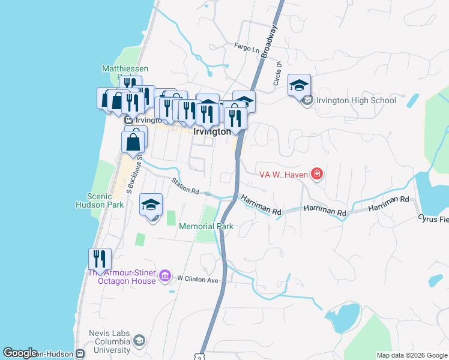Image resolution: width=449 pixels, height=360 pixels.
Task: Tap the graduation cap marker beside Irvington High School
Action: [299, 86]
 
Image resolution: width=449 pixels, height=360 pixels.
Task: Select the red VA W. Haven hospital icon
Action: [317, 175]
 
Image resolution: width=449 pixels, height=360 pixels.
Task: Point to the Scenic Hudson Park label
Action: [106, 200]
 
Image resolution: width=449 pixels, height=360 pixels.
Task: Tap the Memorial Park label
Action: [206, 227]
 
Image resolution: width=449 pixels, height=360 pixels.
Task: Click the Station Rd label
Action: [185, 186]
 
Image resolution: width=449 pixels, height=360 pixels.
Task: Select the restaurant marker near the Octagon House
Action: [100, 259]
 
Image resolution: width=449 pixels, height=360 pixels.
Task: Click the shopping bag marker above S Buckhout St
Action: [133, 143]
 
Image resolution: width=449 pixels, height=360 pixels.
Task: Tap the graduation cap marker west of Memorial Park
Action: [151, 205]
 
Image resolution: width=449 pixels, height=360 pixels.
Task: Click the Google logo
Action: [20, 353]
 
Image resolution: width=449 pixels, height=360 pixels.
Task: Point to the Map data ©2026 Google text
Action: [411, 355]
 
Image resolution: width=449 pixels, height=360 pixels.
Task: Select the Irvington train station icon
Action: [128, 120]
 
